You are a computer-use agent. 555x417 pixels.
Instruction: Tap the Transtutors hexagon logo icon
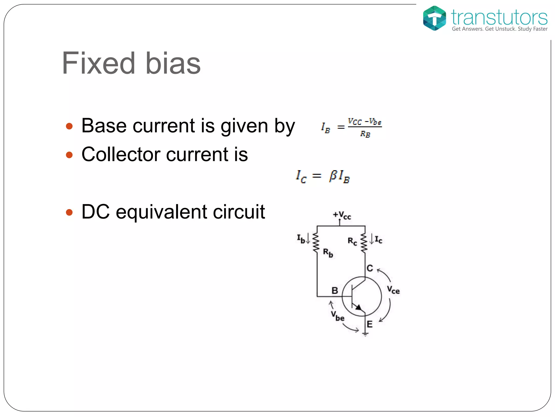[x=434, y=18]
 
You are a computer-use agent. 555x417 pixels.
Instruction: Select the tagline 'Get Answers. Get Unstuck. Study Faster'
[x=499, y=29]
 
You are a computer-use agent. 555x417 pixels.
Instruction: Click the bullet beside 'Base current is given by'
[x=69, y=126]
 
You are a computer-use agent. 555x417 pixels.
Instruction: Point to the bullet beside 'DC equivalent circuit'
[x=69, y=212]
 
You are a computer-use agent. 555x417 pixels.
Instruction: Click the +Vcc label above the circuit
[x=342, y=215]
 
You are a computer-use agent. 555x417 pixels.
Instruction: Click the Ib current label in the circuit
[x=301, y=239]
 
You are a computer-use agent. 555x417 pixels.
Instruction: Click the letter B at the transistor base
[x=335, y=290]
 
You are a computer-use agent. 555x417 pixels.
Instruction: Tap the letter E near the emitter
[x=370, y=324]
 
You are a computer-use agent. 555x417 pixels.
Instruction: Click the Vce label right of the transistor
[x=393, y=290]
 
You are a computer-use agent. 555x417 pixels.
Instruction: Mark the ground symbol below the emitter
[x=365, y=334]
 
